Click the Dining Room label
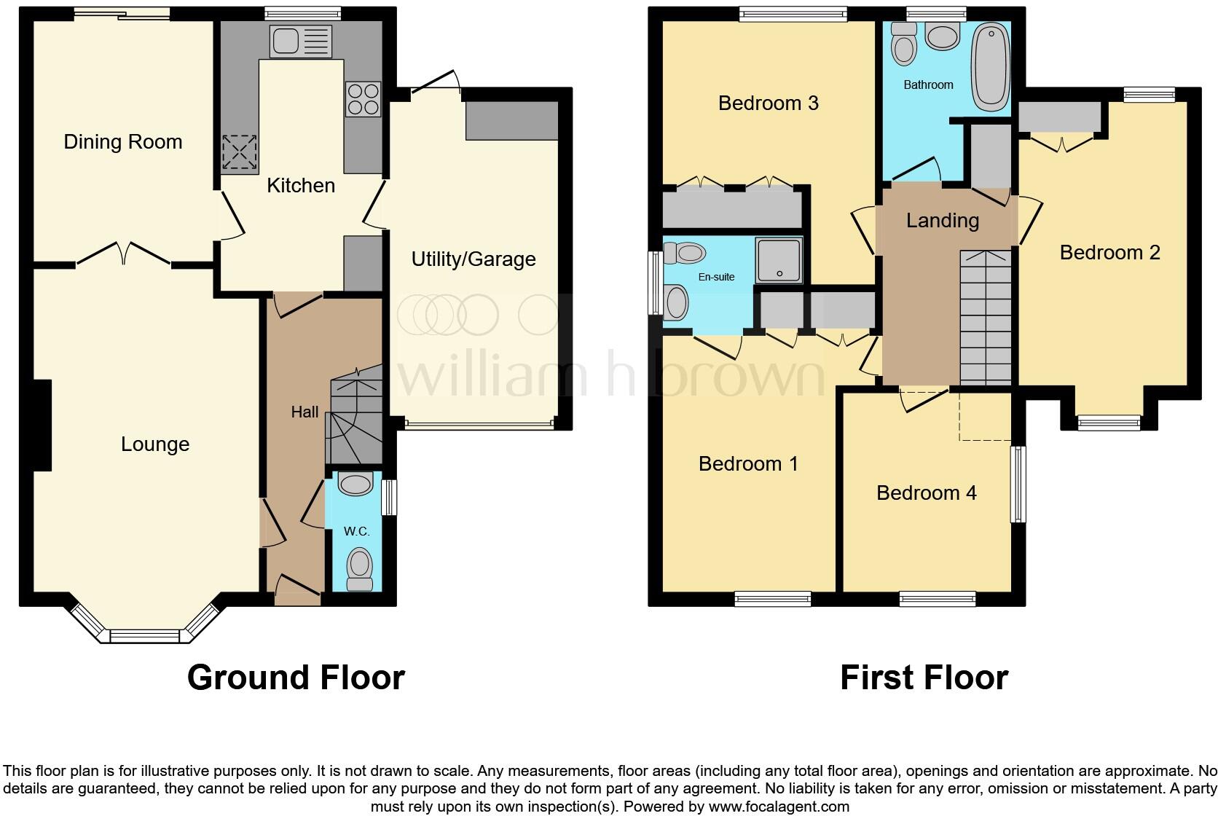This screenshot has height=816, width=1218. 123,141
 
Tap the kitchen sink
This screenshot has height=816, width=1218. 300,40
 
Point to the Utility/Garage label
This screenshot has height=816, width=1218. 474,259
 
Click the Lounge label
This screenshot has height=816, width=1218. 155,444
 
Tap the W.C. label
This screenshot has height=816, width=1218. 356,531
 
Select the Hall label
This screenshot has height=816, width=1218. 304,412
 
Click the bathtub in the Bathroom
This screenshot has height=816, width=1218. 990,66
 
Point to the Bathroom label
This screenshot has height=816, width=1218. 928,85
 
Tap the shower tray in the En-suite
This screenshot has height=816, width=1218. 779,260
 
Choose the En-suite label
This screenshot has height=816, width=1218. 716,277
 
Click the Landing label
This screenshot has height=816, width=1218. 943,220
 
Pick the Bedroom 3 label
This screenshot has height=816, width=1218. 769,103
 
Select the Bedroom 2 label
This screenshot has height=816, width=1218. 1109,252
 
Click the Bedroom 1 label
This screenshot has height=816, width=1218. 748,463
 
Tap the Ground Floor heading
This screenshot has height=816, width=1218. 296,677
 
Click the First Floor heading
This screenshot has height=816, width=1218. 924,677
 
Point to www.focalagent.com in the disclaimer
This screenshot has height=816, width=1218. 779,807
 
